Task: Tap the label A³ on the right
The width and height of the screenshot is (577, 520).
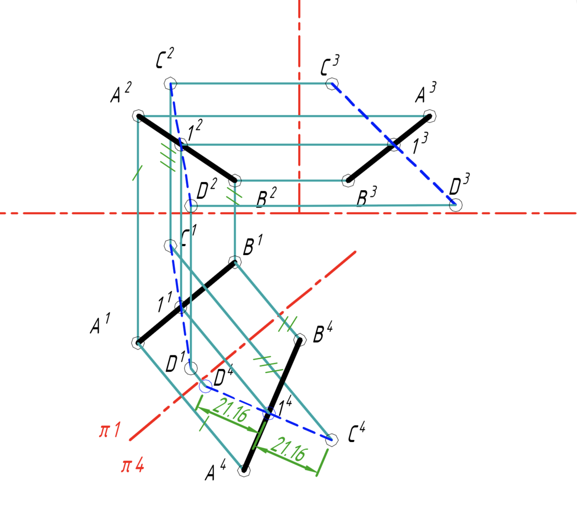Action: pos(426,93)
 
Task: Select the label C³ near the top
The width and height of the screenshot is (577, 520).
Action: pos(330,66)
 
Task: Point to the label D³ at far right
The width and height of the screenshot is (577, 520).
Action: pos(459,185)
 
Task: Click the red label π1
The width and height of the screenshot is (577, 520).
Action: pos(110,430)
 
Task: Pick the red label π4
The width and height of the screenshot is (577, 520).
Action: pos(133,466)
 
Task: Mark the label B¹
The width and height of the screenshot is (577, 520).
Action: pos(252,246)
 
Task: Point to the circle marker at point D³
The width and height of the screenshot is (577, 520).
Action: pos(455,205)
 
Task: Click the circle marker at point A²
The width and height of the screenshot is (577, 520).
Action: pos(138,116)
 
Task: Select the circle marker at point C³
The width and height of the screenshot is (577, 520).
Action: pos(331,84)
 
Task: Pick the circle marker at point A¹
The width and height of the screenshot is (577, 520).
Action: pos(138,342)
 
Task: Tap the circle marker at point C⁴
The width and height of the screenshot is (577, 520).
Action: pos(330,439)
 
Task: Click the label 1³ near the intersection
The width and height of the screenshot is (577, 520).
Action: pos(419,145)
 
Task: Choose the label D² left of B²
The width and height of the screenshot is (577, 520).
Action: pos(207,190)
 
